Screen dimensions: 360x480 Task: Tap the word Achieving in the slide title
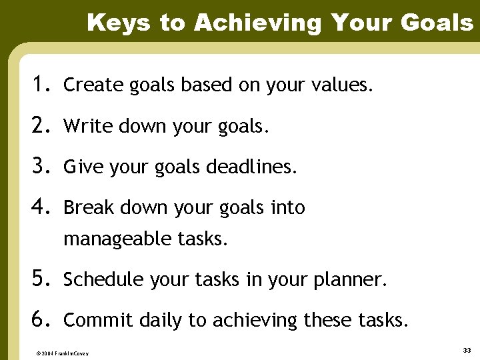[257, 23]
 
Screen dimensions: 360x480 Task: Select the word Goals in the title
[437, 23]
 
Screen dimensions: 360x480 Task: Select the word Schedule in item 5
[96, 280]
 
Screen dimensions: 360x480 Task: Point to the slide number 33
[466, 349]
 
